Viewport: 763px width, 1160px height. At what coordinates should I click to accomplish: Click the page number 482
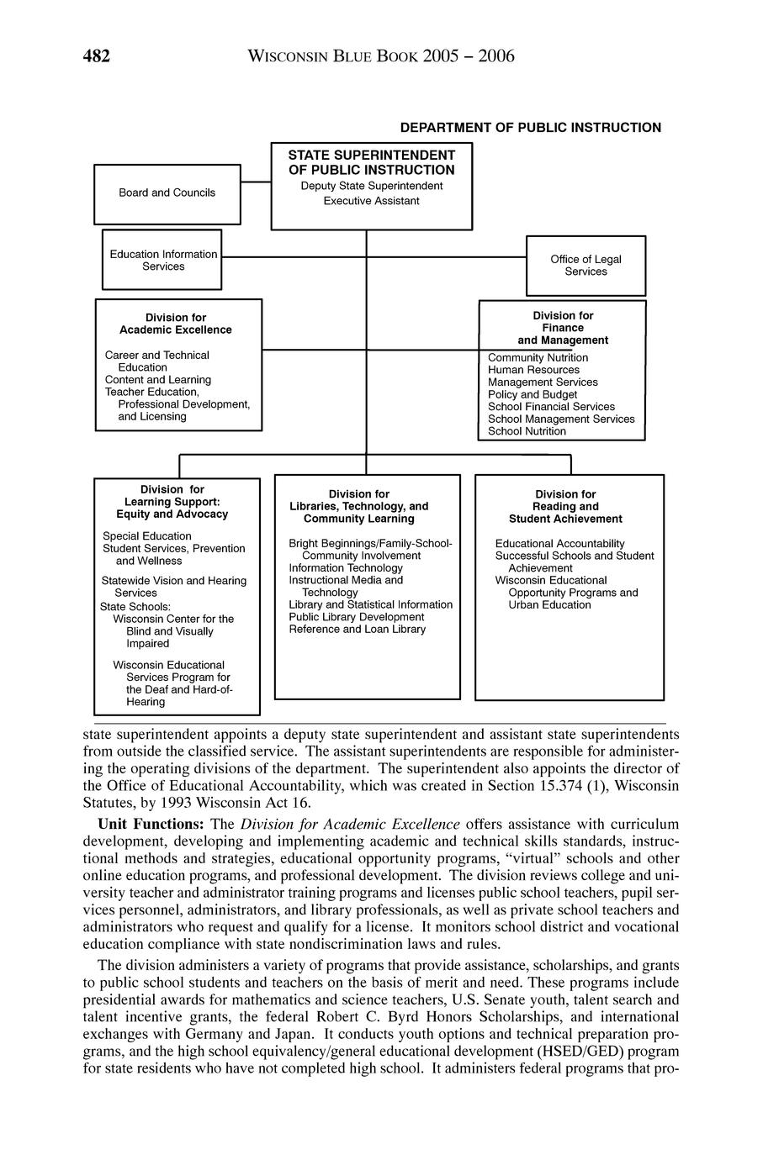click(x=97, y=56)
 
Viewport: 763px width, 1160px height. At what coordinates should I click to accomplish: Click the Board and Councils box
click(x=167, y=193)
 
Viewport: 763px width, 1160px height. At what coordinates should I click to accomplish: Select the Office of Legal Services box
click(x=585, y=266)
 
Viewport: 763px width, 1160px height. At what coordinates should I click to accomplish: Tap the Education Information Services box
click(x=162, y=260)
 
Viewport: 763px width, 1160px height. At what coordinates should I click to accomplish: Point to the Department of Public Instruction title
click(x=530, y=128)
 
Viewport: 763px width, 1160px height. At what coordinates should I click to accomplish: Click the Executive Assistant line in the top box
click(x=371, y=201)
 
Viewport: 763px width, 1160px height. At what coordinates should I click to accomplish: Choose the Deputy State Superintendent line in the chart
click(x=371, y=186)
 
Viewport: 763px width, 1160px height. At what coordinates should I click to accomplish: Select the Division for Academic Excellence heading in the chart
click(x=175, y=324)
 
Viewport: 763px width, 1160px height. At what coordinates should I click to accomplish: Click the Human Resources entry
click(x=533, y=370)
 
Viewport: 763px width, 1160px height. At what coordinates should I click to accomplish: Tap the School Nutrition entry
click(x=527, y=431)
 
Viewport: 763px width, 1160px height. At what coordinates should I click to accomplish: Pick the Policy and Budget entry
click(x=533, y=394)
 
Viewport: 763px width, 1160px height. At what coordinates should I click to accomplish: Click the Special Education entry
click(x=146, y=536)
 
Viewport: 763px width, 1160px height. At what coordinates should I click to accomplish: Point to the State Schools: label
click(x=135, y=606)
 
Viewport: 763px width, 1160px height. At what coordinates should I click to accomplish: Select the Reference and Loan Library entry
click(x=357, y=629)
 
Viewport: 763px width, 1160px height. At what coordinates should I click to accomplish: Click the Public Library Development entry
click(x=356, y=617)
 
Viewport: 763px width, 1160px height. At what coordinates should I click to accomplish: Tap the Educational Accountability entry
click(x=559, y=544)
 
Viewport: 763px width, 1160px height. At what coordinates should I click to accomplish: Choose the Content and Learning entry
click(x=157, y=380)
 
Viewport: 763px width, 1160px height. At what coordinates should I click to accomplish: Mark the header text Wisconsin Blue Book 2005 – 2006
click(x=381, y=56)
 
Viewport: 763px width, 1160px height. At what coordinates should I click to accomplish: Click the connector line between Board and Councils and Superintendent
click(x=256, y=181)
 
